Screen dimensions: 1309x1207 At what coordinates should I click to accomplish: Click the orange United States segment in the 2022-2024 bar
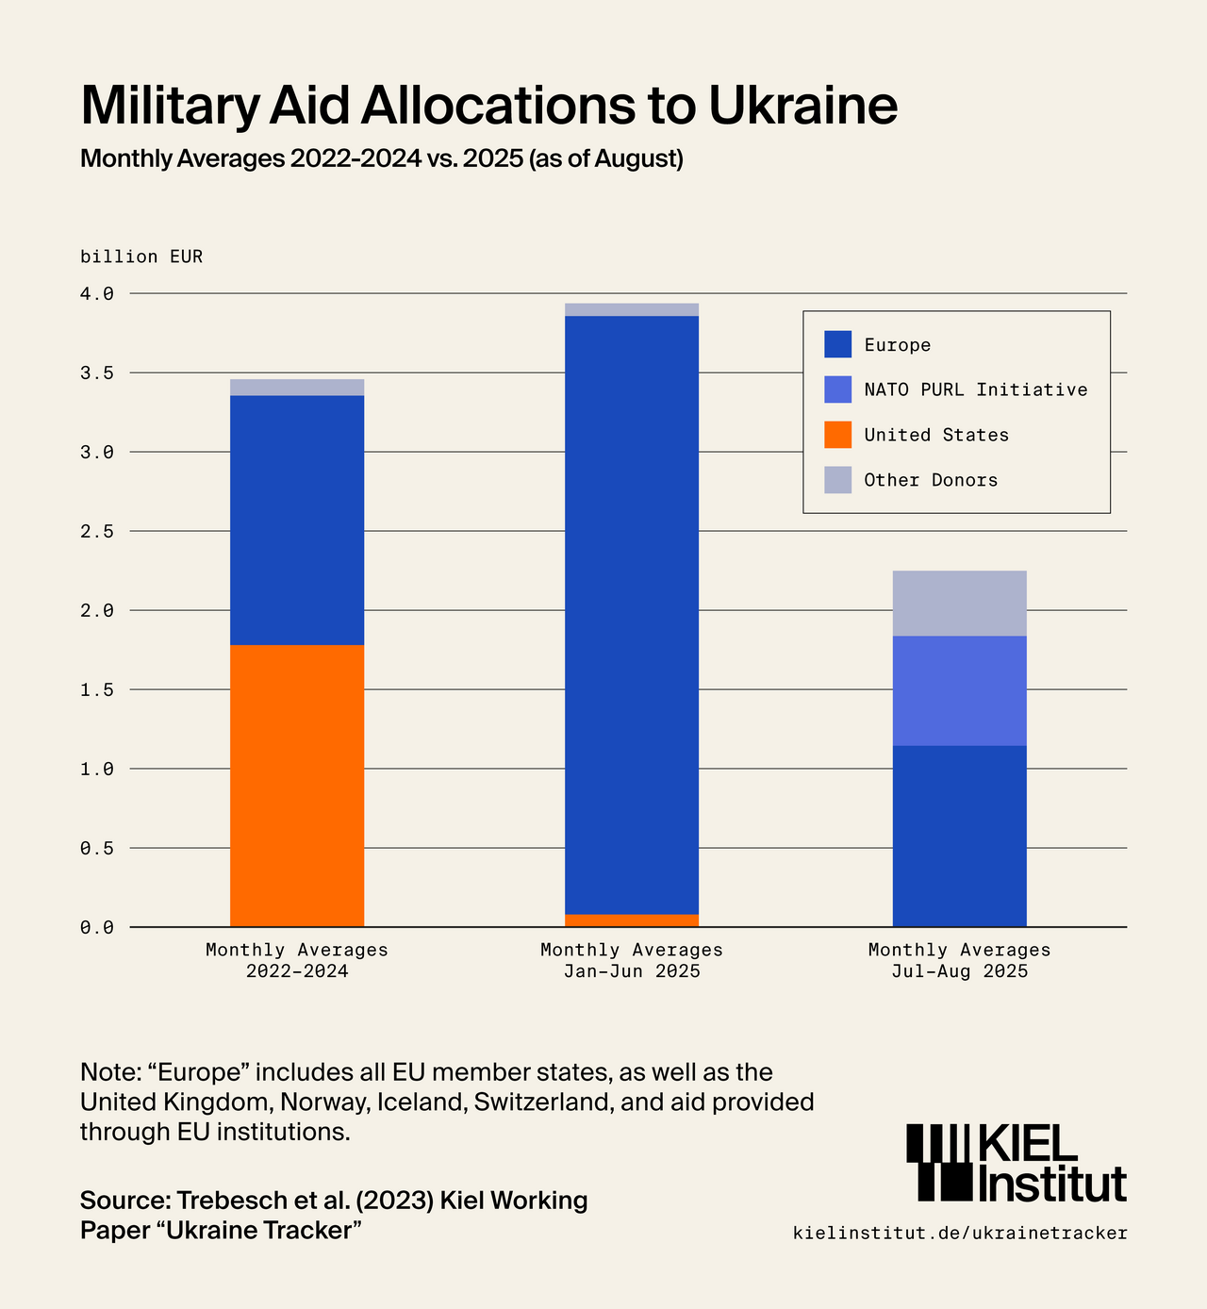297,785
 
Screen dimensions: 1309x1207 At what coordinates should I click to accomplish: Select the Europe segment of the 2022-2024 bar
297,520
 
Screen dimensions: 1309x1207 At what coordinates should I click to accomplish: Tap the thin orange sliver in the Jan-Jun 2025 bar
631,920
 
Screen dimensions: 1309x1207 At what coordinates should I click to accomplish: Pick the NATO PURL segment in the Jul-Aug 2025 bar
959,690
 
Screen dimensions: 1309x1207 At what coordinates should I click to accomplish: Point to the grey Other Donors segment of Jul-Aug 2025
959,604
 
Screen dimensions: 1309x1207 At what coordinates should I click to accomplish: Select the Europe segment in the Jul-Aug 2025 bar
959,836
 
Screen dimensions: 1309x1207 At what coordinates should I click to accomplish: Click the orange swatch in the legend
837,435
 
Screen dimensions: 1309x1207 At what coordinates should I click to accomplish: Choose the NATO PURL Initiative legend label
975,389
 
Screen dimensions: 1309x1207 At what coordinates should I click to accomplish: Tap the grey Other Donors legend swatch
837,480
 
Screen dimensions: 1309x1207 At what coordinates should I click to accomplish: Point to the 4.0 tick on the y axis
96,294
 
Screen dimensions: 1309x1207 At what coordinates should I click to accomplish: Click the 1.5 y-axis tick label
96,690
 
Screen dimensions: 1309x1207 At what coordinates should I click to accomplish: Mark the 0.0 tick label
96,928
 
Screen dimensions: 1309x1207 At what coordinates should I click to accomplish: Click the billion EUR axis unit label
141,257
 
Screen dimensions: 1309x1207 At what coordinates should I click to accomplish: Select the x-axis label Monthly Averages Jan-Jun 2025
631,960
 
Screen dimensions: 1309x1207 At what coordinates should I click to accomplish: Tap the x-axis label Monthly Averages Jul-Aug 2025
959,960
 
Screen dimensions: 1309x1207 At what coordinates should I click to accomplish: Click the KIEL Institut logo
1017,1162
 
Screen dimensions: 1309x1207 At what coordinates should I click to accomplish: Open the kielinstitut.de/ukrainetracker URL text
960,1233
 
